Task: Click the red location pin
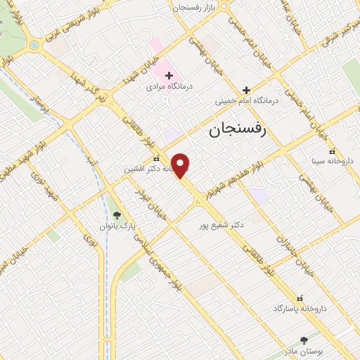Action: (181, 166)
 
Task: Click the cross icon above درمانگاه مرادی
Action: (169, 75)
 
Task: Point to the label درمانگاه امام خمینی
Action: (246, 101)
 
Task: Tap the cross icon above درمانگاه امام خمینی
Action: (246, 90)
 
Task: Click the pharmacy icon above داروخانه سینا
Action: (331, 150)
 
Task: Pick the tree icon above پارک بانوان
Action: (117, 215)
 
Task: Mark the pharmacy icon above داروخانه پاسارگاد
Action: (301, 298)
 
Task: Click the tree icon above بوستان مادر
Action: (304, 340)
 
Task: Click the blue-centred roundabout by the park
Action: (33, 46)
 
